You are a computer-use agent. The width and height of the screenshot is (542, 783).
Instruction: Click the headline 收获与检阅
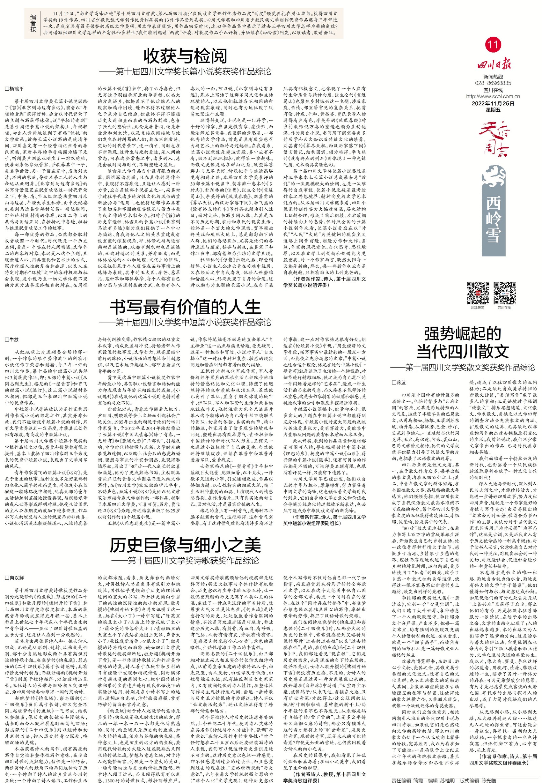(x=185, y=56)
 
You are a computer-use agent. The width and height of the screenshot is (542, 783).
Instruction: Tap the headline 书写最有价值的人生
(x=185, y=307)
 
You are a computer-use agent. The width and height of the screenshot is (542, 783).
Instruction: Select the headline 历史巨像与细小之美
(x=185, y=545)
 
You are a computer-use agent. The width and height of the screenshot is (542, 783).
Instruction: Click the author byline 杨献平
(x=15, y=89)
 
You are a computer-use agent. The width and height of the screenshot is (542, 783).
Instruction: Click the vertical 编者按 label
(x=33, y=23)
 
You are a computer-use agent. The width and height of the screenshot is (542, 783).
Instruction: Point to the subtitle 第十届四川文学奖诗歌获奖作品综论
(x=193, y=560)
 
